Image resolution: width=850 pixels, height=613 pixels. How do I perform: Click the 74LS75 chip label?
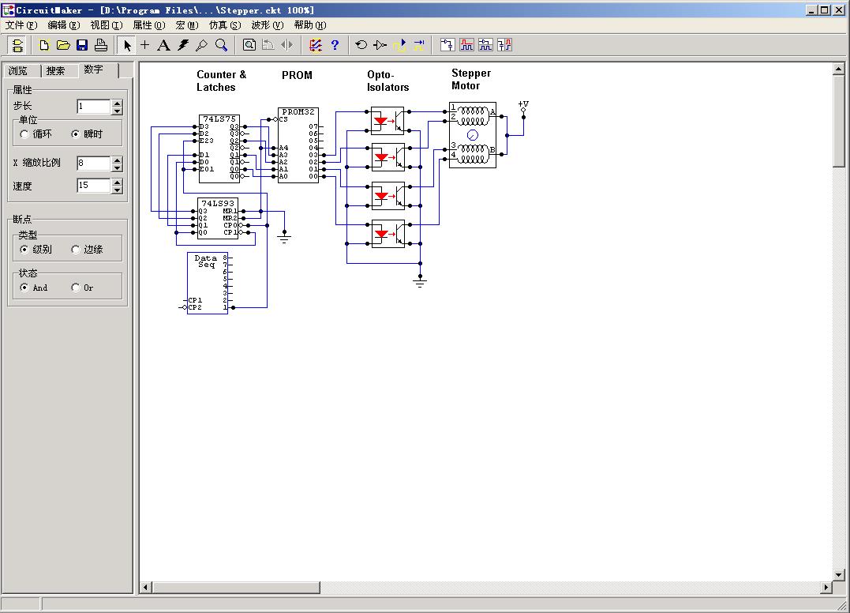pyautogui.click(x=219, y=119)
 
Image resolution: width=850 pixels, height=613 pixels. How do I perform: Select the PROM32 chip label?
pyautogui.click(x=298, y=112)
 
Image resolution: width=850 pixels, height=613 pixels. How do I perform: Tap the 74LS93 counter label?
pyautogui.click(x=218, y=203)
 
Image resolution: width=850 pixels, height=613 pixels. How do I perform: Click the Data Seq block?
pyautogui.click(x=206, y=261)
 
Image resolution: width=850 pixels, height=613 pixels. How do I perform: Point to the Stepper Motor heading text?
pyautogui.click(x=471, y=80)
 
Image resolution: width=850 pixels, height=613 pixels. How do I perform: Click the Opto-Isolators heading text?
pyautogui.click(x=388, y=81)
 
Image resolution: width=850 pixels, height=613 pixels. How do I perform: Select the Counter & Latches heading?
pyautogui.click(x=221, y=81)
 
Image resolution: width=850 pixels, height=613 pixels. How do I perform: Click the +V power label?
pyautogui.click(x=523, y=104)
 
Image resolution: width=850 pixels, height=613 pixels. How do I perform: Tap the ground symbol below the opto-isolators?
pyautogui.click(x=421, y=281)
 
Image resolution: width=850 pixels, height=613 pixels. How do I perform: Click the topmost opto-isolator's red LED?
pyautogui.click(x=380, y=122)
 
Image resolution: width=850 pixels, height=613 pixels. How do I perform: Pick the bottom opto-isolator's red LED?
pyautogui.click(x=380, y=234)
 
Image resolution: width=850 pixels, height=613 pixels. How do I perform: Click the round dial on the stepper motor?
pyautogui.click(x=473, y=135)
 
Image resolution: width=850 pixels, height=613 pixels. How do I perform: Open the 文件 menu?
pyautogui.click(x=21, y=25)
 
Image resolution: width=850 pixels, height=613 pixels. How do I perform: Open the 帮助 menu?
pyautogui.click(x=309, y=25)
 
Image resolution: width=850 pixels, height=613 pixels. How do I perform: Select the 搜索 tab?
pyautogui.click(x=56, y=71)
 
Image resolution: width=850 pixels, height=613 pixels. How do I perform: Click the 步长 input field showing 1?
pyautogui.click(x=93, y=106)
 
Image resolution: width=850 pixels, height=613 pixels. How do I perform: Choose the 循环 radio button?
pyautogui.click(x=24, y=134)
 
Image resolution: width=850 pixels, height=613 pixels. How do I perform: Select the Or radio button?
pyautogui.click(x=76, y=288)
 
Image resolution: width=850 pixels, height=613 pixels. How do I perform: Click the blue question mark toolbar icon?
pyautogui.click(x=335, y=45)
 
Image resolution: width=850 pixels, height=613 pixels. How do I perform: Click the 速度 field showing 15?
pyautogui.click(x=93, y=186)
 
